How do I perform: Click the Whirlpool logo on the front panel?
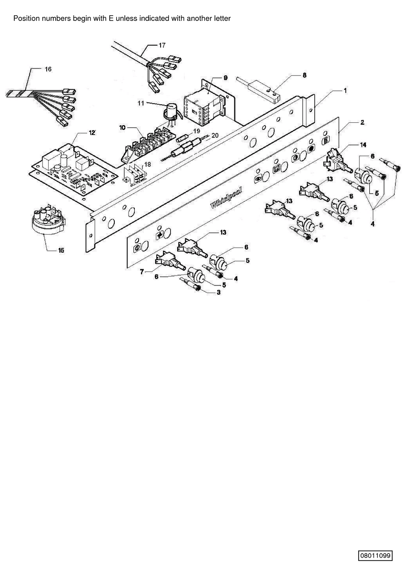pos(226,197)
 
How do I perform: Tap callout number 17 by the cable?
pos(162,45)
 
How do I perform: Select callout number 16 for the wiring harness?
pos(48,69)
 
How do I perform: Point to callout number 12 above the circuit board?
pos(92,133)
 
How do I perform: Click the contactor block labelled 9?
pos(204,108)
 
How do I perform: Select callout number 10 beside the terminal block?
pos(122,128)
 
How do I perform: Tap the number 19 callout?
pos(197,131)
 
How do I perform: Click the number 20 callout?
pos(215,135)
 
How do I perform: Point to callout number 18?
pos(148,165)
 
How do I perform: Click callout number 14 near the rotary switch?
pos(363,145)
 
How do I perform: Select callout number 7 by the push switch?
pos(142,272)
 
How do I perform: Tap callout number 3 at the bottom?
pos(219,292)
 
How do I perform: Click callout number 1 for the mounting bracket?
pos(345,90)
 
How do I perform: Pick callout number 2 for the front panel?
pos(362,123)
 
